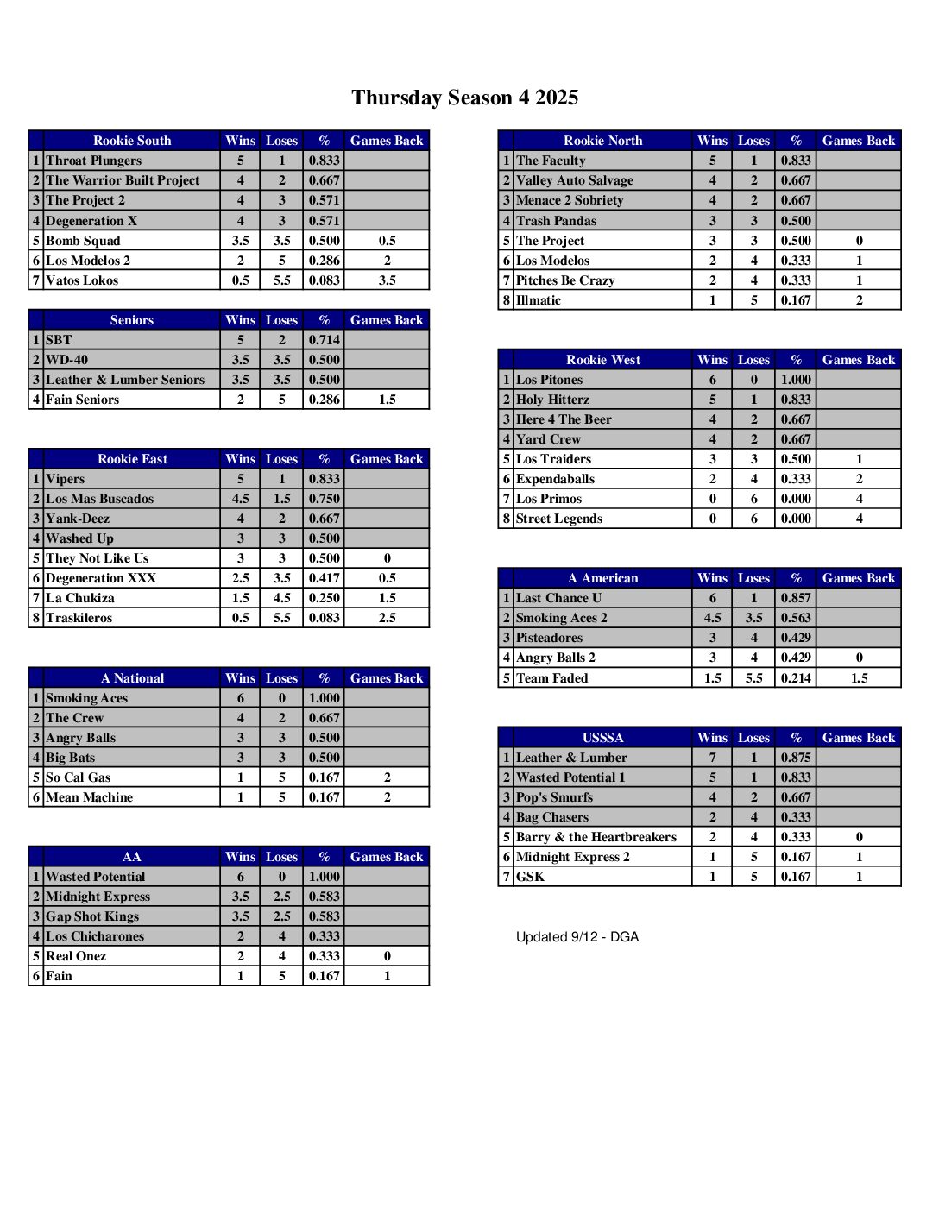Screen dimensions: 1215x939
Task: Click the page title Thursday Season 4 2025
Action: [x=464, y=98]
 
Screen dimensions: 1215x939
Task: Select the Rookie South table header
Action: [x=132, y=141]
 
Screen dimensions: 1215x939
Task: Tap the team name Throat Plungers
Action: [x=93, y=161]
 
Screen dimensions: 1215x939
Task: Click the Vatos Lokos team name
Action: [x=82, y=280]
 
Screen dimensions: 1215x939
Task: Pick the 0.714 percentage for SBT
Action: [x=324, y=340]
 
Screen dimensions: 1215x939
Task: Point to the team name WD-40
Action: [x=66, y=360]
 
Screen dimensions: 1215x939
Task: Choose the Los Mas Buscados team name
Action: [x=99, y=499]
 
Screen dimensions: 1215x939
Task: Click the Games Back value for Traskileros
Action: [x=387, y=618]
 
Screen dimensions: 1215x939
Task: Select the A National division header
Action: [x=132, y=678]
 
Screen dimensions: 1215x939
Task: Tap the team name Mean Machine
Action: [x=89, y=797]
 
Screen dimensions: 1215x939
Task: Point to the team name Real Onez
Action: [x=76, y=956]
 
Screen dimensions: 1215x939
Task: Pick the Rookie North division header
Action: [x=602, y=141]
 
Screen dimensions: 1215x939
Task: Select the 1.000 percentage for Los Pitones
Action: [x=795, y=380]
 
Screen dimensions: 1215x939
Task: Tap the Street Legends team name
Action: [x=558, y=519]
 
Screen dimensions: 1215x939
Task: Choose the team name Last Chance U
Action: [x=558, y=598]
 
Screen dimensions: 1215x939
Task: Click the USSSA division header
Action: [x=602, y=738]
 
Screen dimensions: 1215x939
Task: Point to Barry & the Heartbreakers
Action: [x=596, y=837]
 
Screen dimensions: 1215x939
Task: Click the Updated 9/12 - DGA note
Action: [x=577, y=937]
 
